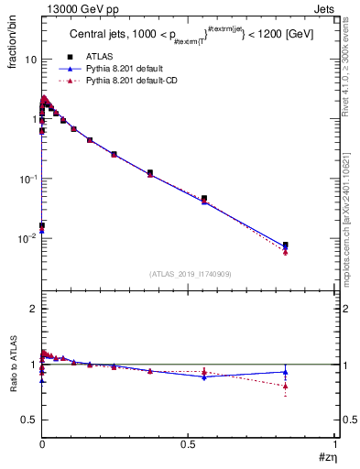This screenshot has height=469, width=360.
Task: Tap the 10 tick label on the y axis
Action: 30,60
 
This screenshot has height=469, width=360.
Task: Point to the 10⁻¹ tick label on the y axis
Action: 28,178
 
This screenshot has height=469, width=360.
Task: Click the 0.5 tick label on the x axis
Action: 188,443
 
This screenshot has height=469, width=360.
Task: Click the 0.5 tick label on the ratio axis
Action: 28,420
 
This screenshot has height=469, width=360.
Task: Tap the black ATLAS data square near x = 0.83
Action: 286,245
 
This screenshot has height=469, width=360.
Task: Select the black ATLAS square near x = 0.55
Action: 204,198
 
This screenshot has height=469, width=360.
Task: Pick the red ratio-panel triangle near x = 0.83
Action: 286,386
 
